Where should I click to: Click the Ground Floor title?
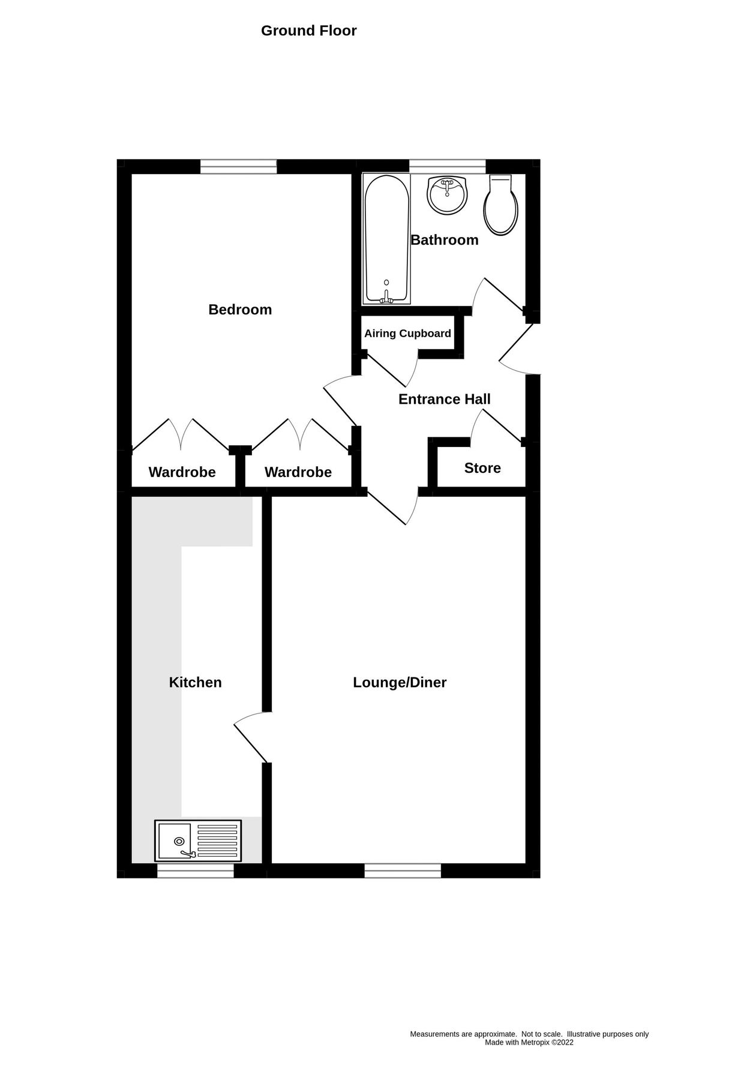click(x=308, y=31)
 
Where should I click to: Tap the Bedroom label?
click(x=240, y=310)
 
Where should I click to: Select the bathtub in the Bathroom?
click(x=387, y=239)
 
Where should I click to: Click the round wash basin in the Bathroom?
click(x=446, y=196)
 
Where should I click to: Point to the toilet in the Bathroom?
click(x=500, y=205)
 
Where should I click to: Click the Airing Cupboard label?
click(x=407, y=334)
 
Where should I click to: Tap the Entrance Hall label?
click(x=445, y=400)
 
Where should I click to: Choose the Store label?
click(x=482, y=468)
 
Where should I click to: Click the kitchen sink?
click(x=198, y=840)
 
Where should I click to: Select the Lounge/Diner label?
click(x=400, y=683)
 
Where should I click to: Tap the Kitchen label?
click(x=195, y=683)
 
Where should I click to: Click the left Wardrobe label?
click(x=182, y=472)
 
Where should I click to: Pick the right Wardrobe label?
click(x=298, y=472)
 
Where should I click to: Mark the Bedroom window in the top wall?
click(x=239, y=167)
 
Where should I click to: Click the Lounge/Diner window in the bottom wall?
click(x=403, y=871)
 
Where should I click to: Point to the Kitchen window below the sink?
click(x=196, y=871)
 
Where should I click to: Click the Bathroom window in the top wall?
click(x=448, y=167)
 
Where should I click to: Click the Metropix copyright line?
click(x=529, y=1042)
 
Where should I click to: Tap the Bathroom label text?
click(x=445, y=240)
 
